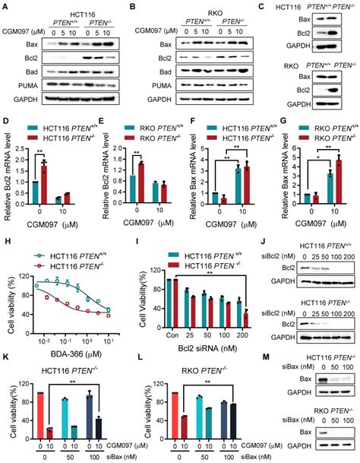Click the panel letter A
tap(6, 8)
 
